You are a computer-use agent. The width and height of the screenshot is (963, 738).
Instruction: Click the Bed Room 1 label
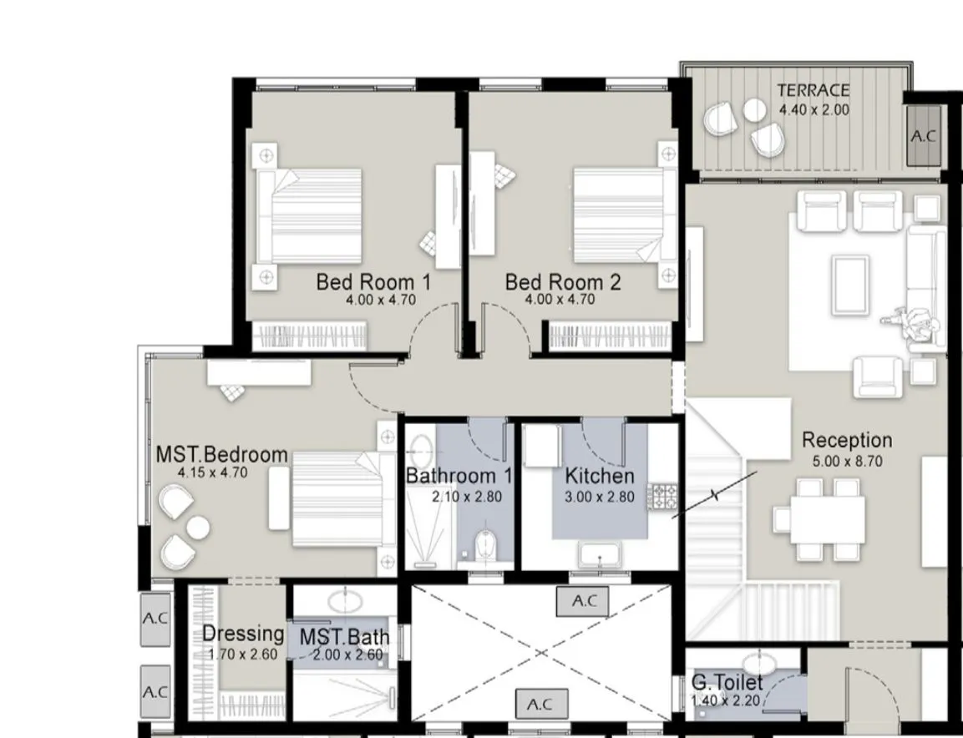pos(373,282)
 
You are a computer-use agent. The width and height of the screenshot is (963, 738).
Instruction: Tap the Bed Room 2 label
pos(563,282)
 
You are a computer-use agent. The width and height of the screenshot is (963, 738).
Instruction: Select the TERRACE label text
pos(813,90)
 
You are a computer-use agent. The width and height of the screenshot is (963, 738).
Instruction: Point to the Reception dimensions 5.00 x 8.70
pos(848,461)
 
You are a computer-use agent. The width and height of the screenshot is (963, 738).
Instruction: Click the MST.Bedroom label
pos(221,454)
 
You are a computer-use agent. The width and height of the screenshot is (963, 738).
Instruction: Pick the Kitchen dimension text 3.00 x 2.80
pos(600,496)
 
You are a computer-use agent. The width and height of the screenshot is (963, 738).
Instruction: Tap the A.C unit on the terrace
pos(924,136)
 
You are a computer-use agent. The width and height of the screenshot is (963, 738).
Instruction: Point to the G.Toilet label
pos(727,682)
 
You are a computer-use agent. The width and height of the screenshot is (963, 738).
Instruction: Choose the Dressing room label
pos(243,634)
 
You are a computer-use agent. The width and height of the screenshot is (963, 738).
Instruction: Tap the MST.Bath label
pos(344,637)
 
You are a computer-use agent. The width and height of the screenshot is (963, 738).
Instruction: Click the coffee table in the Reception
pos(850,277)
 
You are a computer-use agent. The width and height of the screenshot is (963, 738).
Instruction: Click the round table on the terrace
pos(755,110)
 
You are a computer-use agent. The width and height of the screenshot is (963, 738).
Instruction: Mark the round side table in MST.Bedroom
pos(198,528)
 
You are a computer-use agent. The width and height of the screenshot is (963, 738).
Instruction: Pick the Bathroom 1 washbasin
pos(421,451)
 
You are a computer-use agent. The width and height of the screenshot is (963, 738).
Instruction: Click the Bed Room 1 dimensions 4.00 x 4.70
pos(381,301)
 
